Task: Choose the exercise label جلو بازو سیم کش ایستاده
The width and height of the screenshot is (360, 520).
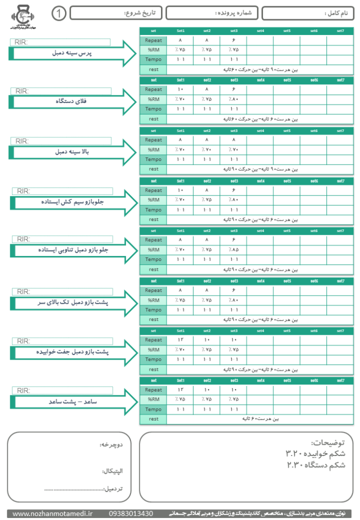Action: tap(74, 202)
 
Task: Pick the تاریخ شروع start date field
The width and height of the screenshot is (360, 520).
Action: tap(116, 13)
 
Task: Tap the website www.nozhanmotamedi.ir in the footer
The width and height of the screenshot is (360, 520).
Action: tap(49, 513)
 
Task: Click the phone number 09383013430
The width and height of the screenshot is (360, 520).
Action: tap(130, 513)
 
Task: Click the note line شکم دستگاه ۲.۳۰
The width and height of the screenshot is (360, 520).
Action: tap(316, 465)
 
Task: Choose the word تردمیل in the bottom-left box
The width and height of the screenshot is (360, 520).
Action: tap(116, 489)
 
